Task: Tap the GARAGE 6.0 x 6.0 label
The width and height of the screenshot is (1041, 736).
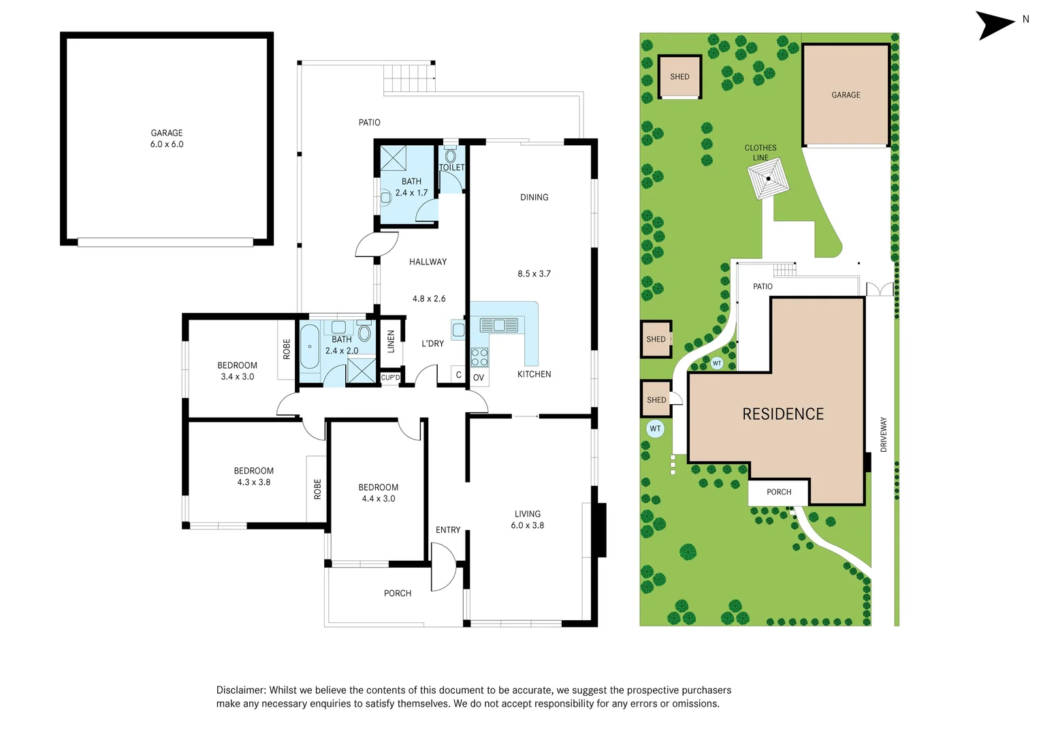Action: pyautogui.click(x=167, y=138)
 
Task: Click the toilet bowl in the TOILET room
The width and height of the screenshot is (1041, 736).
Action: pyautogui.click(x=450, y=156)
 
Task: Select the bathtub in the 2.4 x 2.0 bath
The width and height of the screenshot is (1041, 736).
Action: pyautogui.click(x=310, y=346)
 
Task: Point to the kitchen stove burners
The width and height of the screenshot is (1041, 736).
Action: pyautogui.click(x=479, y=357)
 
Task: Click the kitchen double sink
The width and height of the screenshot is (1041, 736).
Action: pyautogui.click(x=499, y=325)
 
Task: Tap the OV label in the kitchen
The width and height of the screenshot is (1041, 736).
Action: pyautogui.click(x=478, y=378)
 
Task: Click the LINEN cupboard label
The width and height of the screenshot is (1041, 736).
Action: pyautogui.click(x=391, y=341)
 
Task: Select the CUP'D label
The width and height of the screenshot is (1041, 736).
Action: pyautogui.click(x=390, y=378)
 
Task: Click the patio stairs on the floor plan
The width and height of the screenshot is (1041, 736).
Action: pyautogui.click(x=409, y=78)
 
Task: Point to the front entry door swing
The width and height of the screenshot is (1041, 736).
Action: pyautogui.click(x=443, y=567)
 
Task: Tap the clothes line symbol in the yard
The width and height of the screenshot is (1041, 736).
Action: pyautogui.click(x=768, y=179)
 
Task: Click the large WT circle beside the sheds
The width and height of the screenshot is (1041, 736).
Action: pyautogui.click(x=655, y=429)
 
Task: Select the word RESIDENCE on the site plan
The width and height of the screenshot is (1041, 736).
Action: pyautogui.click(x=783, y=414)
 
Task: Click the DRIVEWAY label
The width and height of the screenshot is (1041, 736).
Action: pyautogui.click(x=884, y=435)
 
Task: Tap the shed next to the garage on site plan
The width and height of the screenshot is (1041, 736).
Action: pyautogui.click(x=679, y=77)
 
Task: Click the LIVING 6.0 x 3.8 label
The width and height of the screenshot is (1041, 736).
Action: pyautogui.click(x=528, y=520)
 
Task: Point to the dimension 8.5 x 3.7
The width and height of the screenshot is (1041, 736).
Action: pyautogui.click(x=534, y=273)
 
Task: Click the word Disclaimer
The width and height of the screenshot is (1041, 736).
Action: pyautogui.click(x=241, y=690)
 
